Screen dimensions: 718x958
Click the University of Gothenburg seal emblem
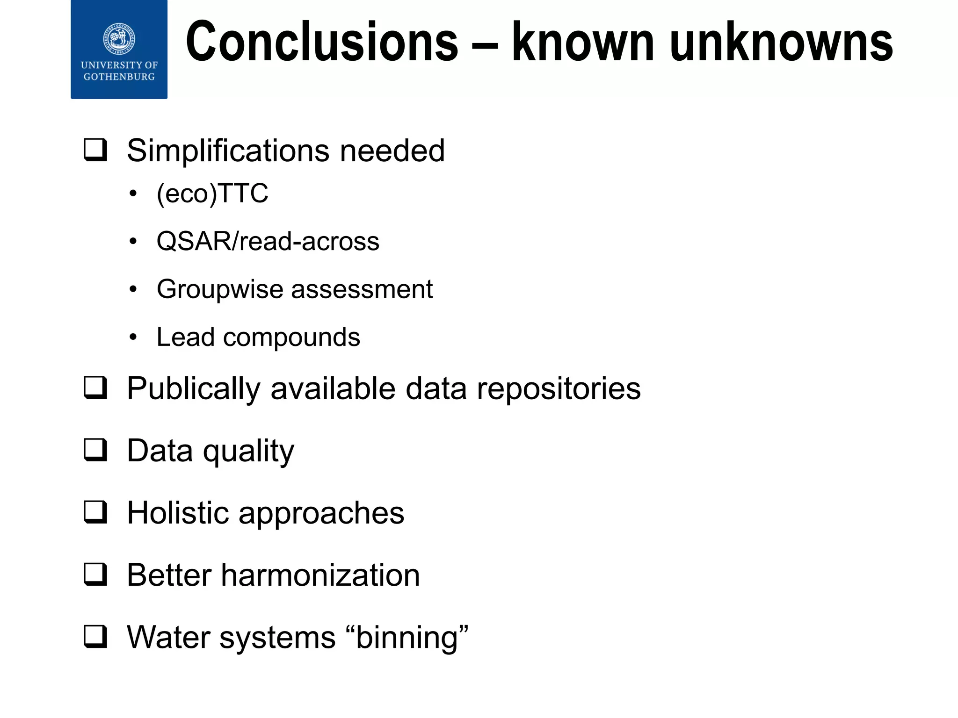point(119,37)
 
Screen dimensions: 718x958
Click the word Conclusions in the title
point(322,42)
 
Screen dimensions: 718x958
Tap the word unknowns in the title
point(781,42)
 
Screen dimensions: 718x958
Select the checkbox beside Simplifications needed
point(95,150)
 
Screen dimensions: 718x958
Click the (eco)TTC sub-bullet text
point(212,193)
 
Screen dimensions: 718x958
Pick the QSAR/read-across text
point(268,241)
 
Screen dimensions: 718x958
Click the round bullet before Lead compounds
point(133,337)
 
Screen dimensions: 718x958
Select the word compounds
point(291,337)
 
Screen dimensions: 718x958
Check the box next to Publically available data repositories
point(95,388)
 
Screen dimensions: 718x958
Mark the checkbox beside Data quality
point(95,450)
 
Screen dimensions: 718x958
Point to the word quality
point(248,452)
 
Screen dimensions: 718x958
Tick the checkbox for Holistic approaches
point(95,512)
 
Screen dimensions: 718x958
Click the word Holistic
point(178,513)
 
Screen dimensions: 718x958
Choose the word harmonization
point(320,575)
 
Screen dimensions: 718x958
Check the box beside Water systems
point(95,636)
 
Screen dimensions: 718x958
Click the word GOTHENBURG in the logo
point(119,77)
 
